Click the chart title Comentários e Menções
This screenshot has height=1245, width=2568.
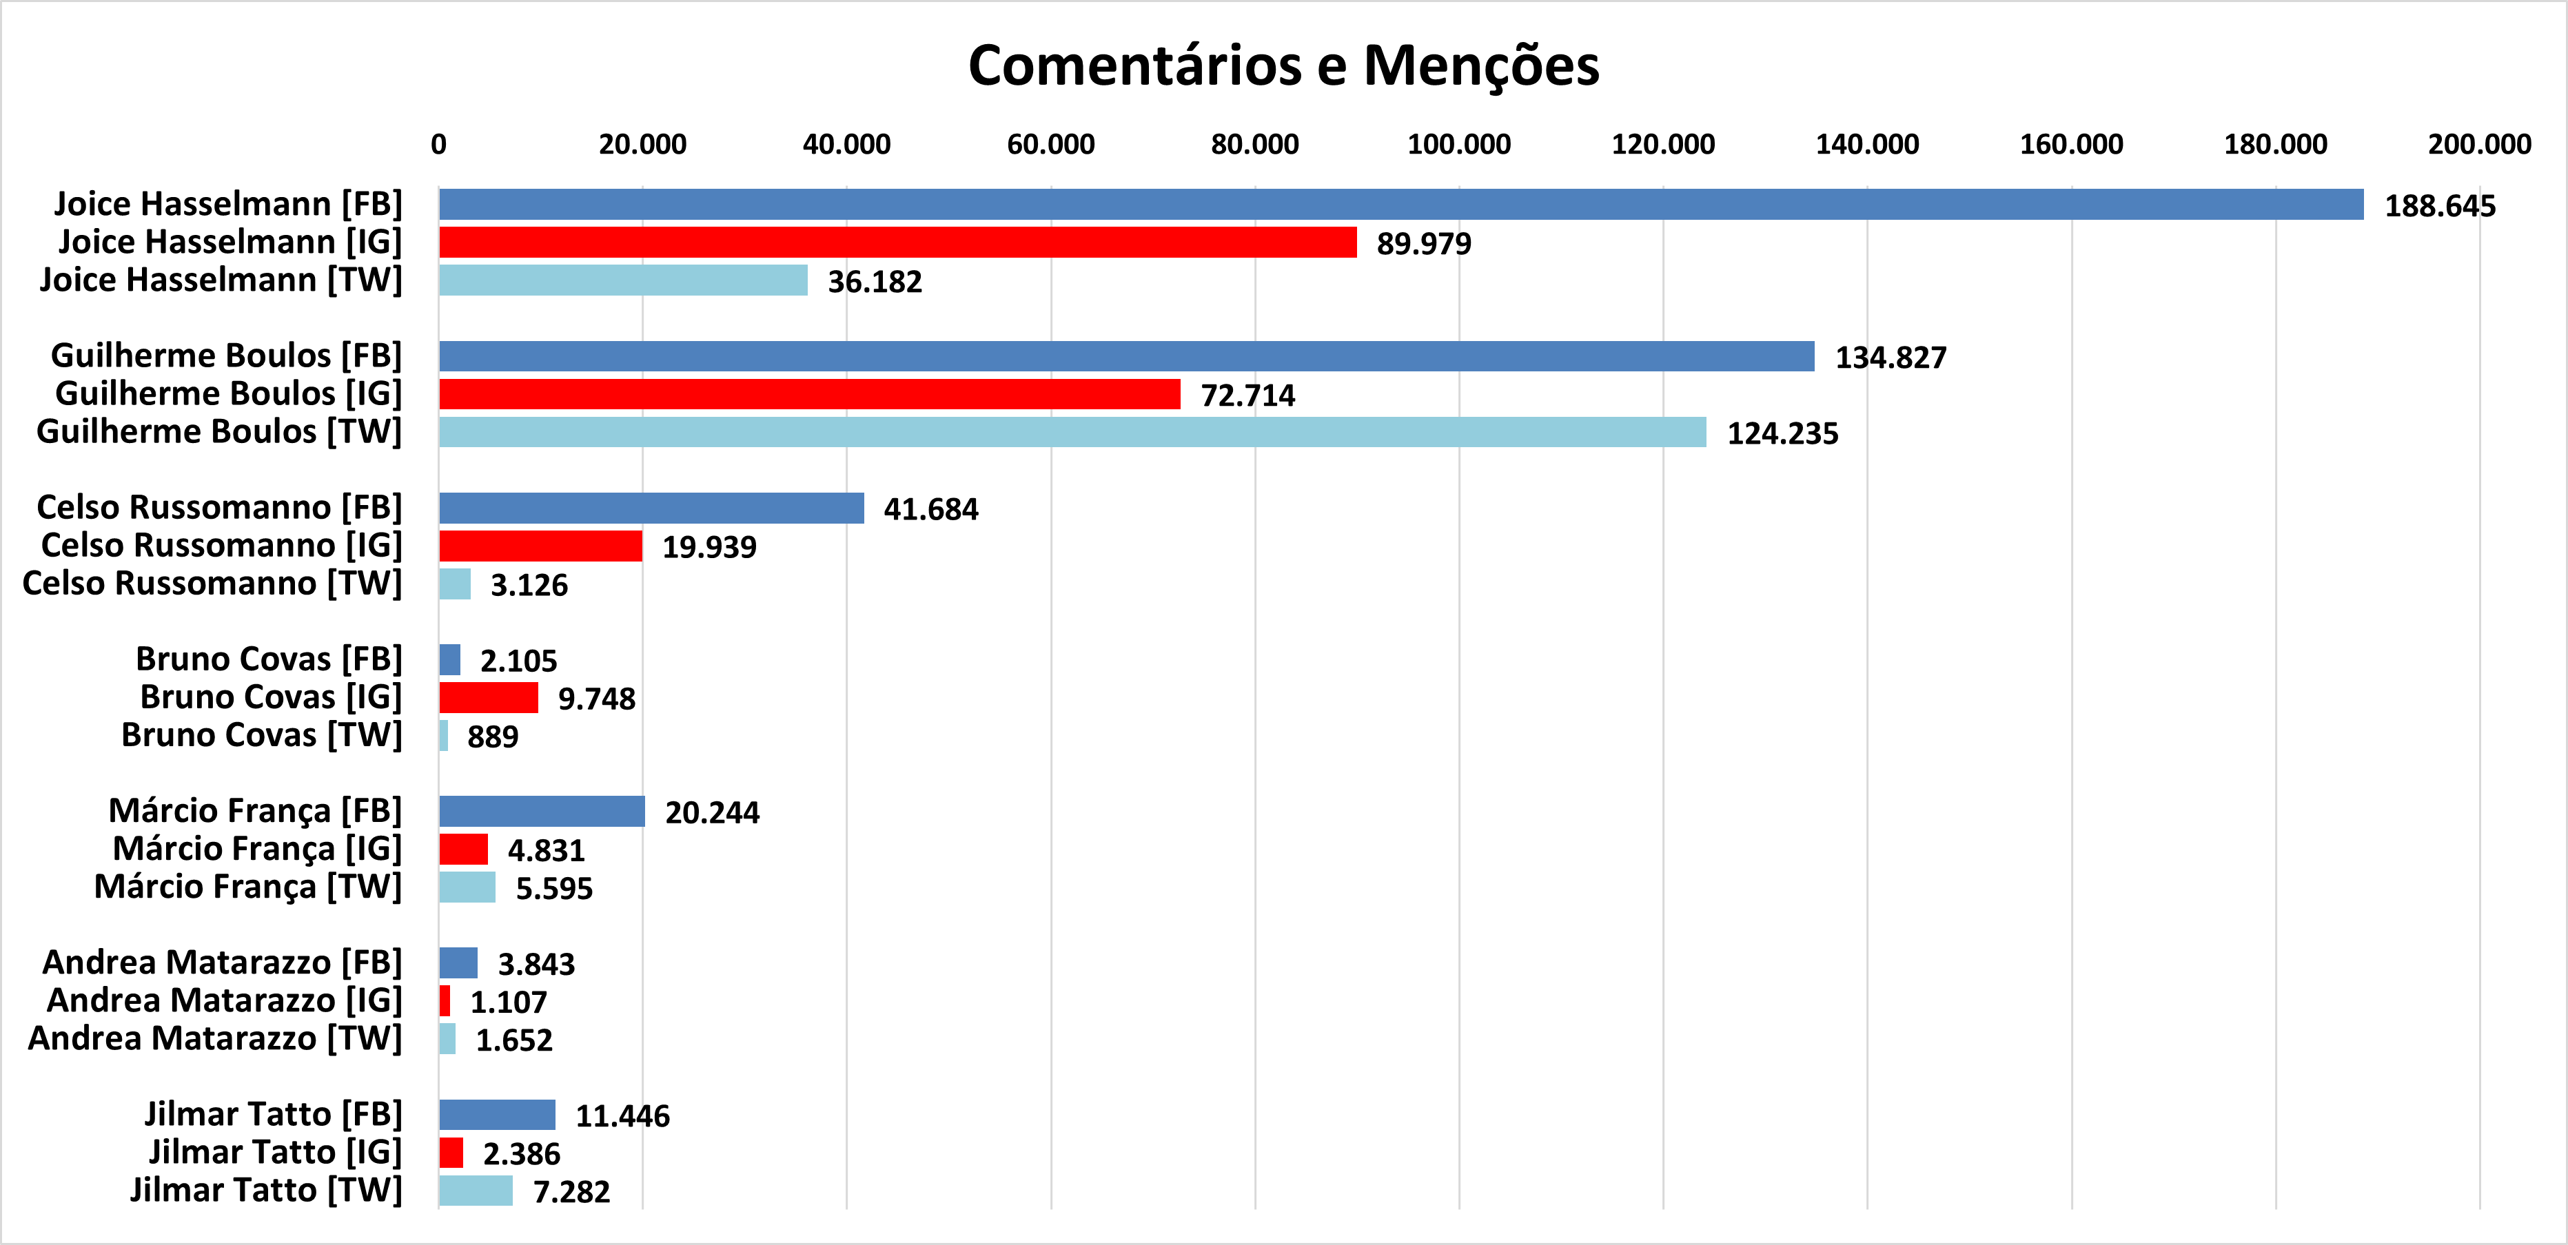pyautogui.click(x=1283, y=65)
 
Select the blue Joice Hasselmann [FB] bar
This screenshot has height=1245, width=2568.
pyautogui.click(x=1400, y=205)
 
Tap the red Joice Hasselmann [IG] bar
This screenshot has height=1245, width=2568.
pyautogui.click(x=897, y=243)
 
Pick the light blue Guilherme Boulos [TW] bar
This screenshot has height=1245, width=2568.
pyautogui.click(x=1072, y=431)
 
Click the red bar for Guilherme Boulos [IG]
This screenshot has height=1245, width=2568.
pyautogui.click(x=809, y=393)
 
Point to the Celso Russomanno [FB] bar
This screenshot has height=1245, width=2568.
pyautogui.click(x=651, y=507)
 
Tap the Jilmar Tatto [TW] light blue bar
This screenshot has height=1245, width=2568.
pyautogui.click(x=476, y=1190)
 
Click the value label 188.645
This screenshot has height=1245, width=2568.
pyautogui.click(x=2439, y=206)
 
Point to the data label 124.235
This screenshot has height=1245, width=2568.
pyautogui.click(x=1782, y=433)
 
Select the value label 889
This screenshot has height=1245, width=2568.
pyautogui.click(x=493, y=737)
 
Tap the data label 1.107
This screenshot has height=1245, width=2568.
pyautogui.click(x=509, y=1002)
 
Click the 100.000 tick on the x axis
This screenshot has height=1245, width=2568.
pyautogui.click(x=1458, y=145)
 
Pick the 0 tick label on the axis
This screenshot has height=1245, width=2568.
pyautogui.click(x=438, y=145)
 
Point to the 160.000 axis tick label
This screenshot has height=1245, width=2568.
pyautogui.click(x=2070, y=145)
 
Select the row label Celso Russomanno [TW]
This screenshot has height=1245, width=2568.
pyautogui.click(x=212, y=583)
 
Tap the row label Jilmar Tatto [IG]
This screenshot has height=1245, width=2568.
pyautogui.click(x=275, y=1152)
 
